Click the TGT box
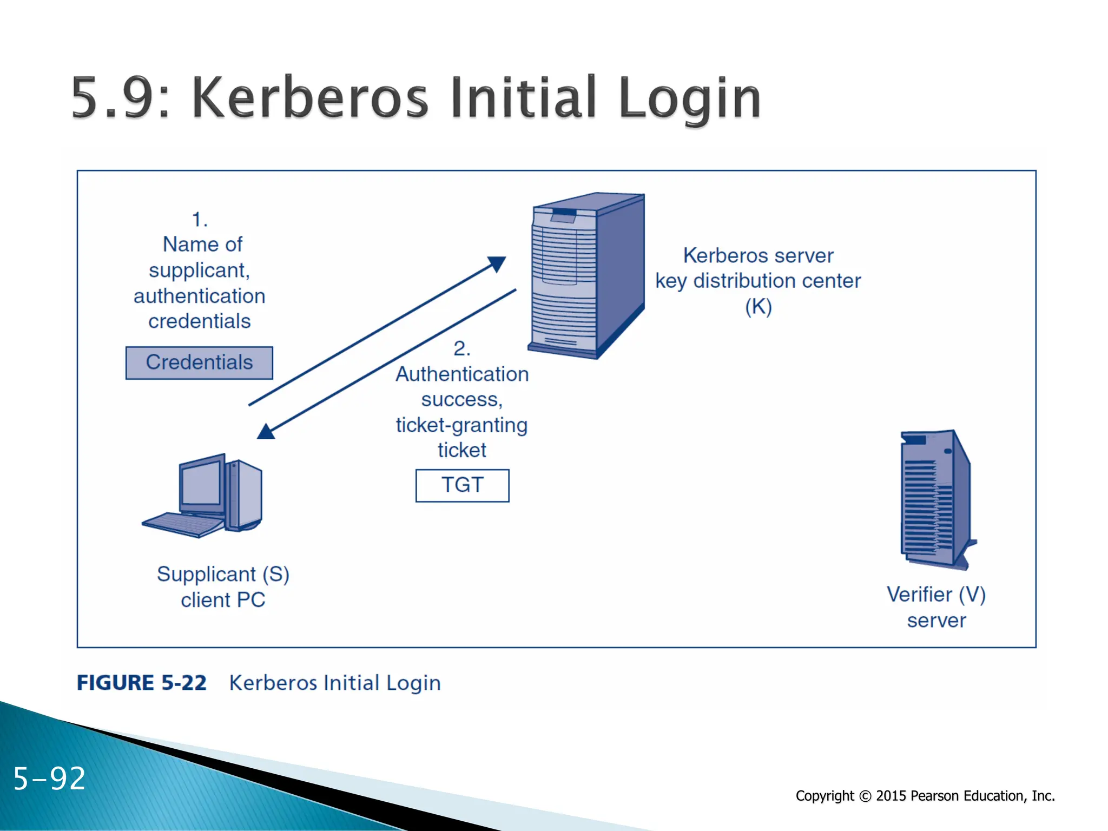click(x=462, y=485)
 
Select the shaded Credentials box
click(x=199, y=362)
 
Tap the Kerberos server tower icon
click(x=587, y=276)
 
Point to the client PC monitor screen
click(x=201, y=484)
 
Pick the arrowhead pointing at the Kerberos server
click(x=497, y=263)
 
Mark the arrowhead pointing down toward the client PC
click(x=266, y=431)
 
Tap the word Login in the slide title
click(x=689, y=100)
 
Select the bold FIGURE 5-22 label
click(x=141, y=683)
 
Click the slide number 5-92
click(x=49, y=779)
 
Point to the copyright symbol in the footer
click(x=865, y=796)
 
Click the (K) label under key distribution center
click(x=758, y=307)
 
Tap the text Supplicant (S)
click(x=223, y=574)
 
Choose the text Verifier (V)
click(x=936, y=595)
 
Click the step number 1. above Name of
click(x=200, y=220)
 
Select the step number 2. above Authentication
click(x=461, y=348)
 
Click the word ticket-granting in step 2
click(x=461, y=425)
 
